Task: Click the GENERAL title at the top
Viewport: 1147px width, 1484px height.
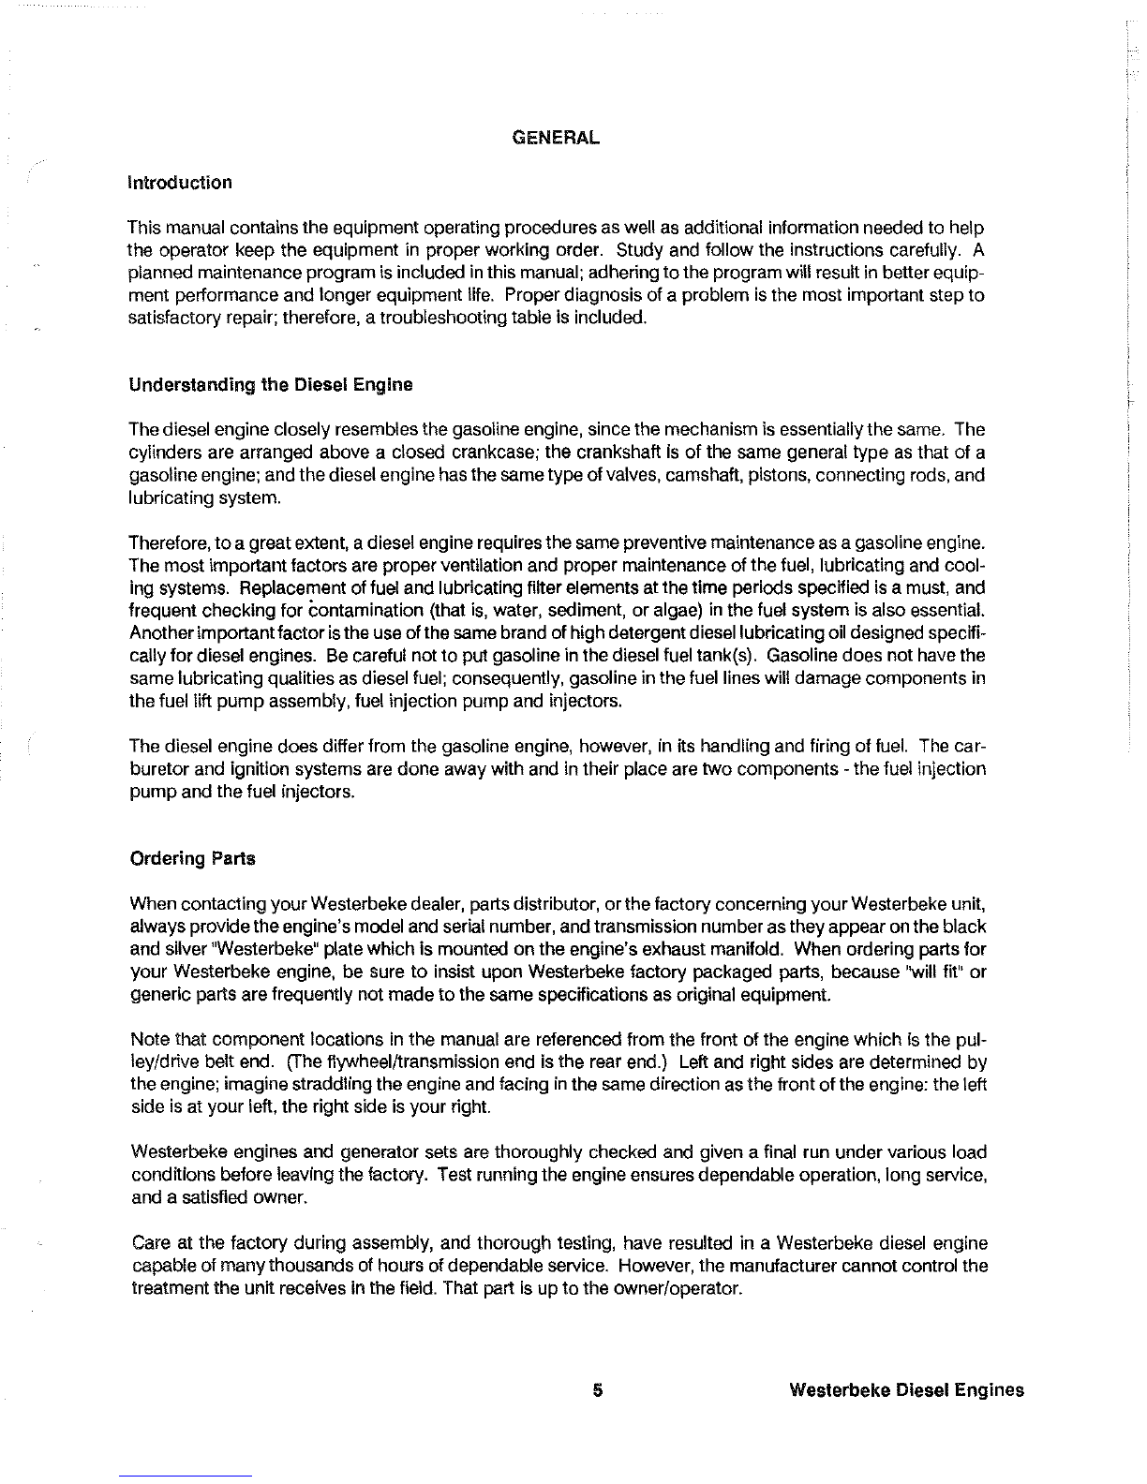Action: tap(556, 138)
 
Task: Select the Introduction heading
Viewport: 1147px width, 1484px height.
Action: tap(179, 183)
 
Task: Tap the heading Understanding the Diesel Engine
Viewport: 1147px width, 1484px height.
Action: tap(270, 385)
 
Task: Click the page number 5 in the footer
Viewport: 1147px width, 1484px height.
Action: tap(596, 1390)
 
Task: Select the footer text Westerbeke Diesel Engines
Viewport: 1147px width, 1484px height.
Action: tap(906, 1390)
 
